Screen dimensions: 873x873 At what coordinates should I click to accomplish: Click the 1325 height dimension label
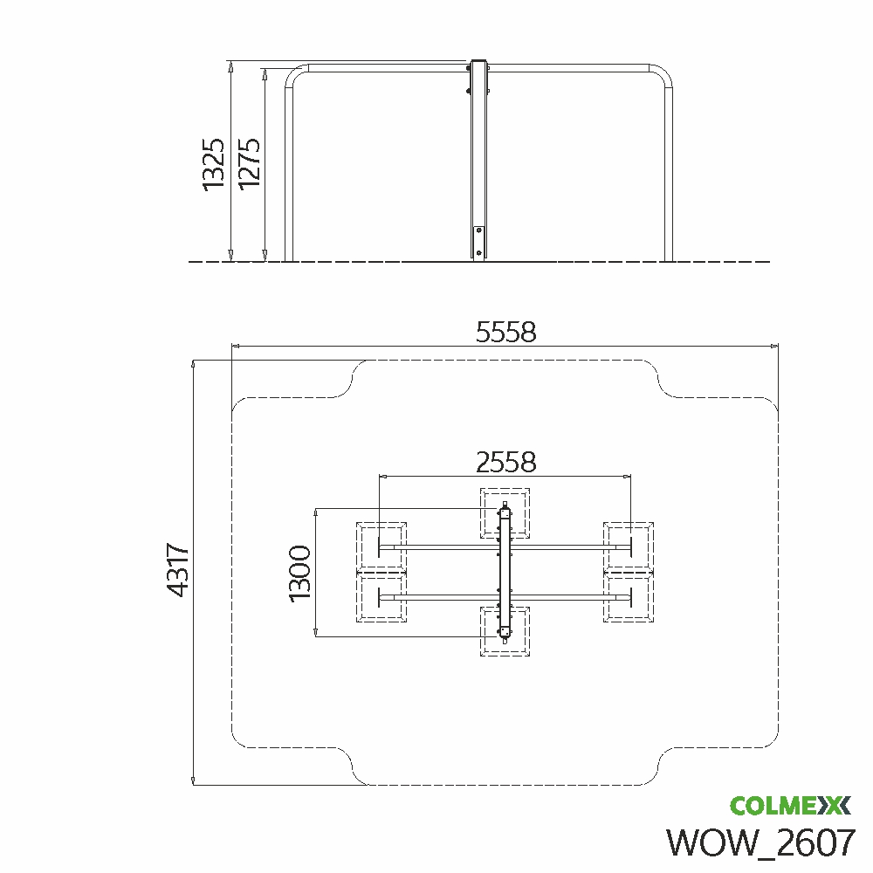point(214,164)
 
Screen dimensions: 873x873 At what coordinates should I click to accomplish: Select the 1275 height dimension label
point(250,164)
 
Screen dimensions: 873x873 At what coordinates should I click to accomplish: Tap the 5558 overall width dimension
point(505,332)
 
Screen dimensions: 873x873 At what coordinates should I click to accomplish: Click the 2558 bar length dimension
point(505,462)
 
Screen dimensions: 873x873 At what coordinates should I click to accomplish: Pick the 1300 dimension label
point(300,573)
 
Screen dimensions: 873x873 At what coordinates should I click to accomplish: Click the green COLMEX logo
point(790,805)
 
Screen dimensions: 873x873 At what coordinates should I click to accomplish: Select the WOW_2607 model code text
point(760,842)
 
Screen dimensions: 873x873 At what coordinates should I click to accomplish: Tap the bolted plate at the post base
point(478,242)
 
